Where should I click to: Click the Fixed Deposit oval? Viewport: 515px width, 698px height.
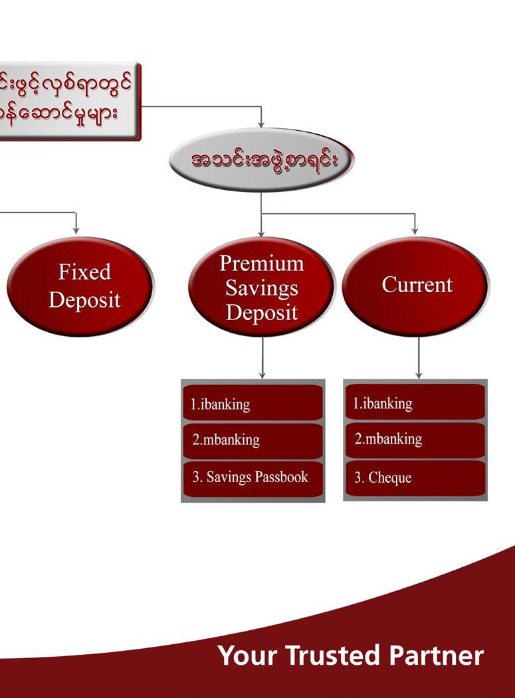(x=80, y=286)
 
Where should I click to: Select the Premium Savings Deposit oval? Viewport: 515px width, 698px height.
(x=261, y=288)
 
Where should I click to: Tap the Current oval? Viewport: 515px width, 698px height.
(x=416, y=286)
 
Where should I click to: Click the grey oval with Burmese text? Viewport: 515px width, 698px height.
(x=261, y=160)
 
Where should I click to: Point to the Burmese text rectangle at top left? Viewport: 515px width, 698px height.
(x=70, y=102)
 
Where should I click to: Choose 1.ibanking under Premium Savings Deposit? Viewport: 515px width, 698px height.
(x=253, y=403)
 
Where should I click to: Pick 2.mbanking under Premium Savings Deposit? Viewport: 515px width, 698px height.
(x=253, y=440)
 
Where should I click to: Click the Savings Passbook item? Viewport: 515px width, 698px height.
(x=253, y=478)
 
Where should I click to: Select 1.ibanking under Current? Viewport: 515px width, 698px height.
(x=415, y=402)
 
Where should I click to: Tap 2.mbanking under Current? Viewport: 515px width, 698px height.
(x=415, y=440)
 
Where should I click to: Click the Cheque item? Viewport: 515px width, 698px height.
(x=415, y=478)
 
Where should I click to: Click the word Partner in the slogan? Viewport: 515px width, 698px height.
(x=436, y=655)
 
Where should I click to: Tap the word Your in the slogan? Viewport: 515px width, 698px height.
(x=248, y=655)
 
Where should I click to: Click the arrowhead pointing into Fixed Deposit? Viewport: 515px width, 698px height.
(x=76, y=230)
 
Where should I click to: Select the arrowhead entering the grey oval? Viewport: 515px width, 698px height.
(x=261, y=124)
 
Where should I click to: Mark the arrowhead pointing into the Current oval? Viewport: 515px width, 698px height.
(x=415, y=230)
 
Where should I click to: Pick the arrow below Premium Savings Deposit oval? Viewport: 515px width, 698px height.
(x=262, y=359)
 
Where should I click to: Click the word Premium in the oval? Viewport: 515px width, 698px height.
(x=261, y=264)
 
